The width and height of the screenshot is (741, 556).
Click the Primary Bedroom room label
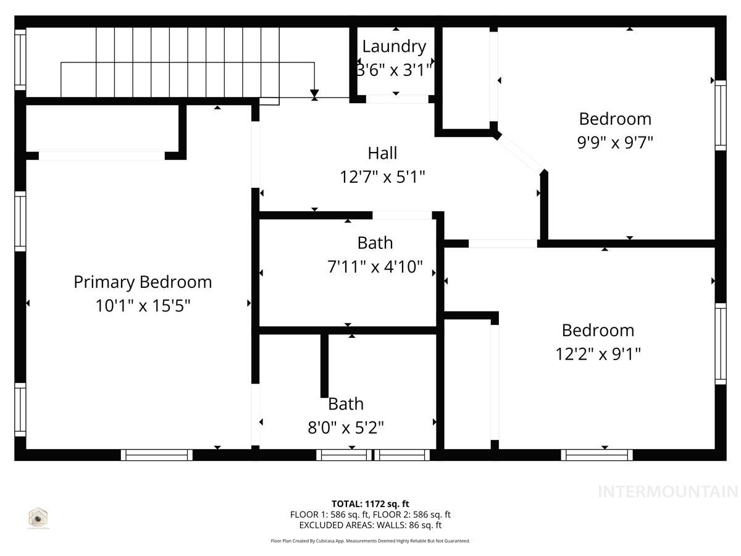143,282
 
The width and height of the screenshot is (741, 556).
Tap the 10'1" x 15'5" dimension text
143,306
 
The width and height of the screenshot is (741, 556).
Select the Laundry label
394,46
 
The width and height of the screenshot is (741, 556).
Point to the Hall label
382,153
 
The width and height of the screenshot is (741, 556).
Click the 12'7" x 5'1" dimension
382,177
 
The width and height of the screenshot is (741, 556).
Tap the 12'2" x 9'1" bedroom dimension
598,354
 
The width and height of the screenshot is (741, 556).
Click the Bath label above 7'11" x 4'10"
375,243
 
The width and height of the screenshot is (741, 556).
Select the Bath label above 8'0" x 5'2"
346,404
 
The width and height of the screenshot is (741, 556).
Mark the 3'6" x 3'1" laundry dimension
394,70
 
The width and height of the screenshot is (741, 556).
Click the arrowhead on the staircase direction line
315,93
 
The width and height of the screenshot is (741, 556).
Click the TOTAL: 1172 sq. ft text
371,503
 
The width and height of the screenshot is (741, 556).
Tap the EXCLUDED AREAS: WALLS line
371,525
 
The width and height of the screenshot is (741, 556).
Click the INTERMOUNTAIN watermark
668,492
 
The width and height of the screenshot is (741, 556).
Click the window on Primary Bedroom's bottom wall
157,455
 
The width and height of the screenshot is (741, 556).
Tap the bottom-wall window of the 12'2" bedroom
597,455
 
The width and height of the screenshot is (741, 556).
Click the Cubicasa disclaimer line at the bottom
371,541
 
